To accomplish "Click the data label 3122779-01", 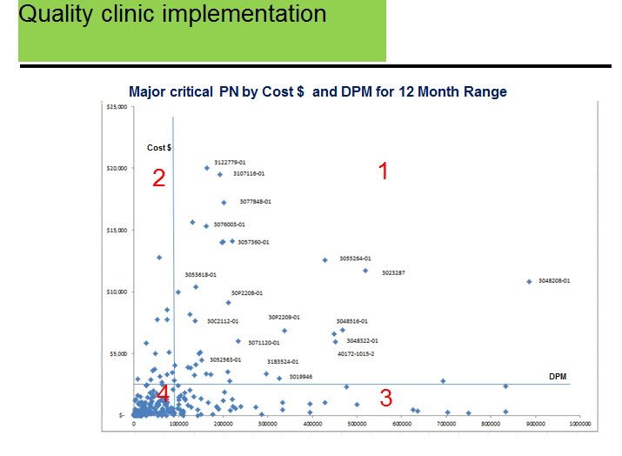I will [x=230, y=162].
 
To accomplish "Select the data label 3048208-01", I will [x=554, y=281].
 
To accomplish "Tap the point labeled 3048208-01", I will [x=529, y=281].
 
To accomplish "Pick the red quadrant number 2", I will [x=158, y=178].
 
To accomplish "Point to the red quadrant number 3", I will [x=385, y=398].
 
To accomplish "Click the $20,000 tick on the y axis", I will [x=117, y=168].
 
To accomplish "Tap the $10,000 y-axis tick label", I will [x=117, y=292].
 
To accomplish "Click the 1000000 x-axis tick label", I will [x=579, y=424].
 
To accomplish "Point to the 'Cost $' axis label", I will [x=158, y=148].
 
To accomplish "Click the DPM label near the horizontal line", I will [x=558, y=376].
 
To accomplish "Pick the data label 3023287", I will [x=393, y=273].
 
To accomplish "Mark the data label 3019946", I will [x=301, y=377].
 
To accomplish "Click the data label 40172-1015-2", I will [x=356, y=354].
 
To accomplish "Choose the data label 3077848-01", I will [x=256, y=202].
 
